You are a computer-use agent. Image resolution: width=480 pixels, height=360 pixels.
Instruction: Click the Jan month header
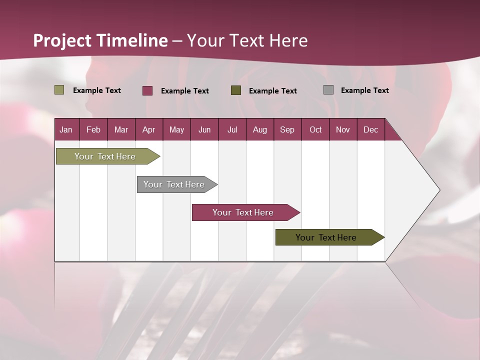(x=66, y=129)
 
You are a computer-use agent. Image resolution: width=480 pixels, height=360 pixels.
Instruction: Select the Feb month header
(x=93, y=129)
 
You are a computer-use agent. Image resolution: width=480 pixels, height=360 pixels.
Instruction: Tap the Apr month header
(x=148, y=129)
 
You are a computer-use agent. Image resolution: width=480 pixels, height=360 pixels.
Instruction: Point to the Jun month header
(x=204, y=129)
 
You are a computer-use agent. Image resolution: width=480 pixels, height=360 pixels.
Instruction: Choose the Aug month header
(x=259, y=129)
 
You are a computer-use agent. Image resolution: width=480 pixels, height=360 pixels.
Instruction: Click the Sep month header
(x=287, y=129)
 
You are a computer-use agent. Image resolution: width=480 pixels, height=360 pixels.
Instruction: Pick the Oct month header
(x=315, y=129)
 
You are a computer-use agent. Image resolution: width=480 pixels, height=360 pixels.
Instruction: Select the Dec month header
(x=370, y=129)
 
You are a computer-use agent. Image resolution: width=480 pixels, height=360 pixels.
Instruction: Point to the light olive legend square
(x=59, y=90)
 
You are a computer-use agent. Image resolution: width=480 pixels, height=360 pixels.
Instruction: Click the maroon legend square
(x=147, y=90)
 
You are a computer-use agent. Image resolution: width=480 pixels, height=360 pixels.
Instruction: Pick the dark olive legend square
(x=236, y=90)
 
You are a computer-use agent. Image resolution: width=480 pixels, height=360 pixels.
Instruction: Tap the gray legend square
(x=328, y=90)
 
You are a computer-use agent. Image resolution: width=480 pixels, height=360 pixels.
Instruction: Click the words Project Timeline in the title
(x=100, y=40)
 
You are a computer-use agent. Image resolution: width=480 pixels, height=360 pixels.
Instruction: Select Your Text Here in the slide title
(x=247, y=40)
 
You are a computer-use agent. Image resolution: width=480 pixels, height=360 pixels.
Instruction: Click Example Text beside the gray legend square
(x=364, y=90)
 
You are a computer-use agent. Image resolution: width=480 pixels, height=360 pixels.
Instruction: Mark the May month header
(x=176, y=129)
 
